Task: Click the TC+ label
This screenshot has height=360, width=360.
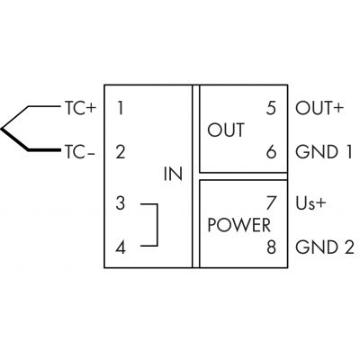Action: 80,108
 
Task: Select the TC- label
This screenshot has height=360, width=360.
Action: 79,152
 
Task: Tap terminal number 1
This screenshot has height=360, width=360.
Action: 121,108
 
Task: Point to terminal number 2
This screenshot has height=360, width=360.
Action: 121,152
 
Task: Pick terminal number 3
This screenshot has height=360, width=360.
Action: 121,203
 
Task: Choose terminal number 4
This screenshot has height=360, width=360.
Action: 121,248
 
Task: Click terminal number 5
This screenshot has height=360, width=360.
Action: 271,108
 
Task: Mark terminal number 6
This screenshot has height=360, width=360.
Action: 271,152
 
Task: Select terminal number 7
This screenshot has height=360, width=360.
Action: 271,203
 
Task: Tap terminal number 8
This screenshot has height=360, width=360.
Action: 271,247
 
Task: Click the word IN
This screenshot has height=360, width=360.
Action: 173,174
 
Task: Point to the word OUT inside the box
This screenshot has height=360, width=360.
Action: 226,130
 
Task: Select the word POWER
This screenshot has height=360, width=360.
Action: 239,225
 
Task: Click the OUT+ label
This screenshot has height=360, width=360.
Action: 319,108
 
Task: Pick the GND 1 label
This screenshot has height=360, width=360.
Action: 323,152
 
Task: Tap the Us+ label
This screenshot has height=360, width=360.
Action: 310,203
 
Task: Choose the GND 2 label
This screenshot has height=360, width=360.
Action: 325,247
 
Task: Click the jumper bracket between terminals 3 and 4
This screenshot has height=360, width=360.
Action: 157,225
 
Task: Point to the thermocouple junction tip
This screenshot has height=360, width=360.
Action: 1,129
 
